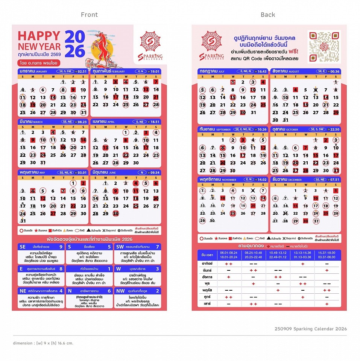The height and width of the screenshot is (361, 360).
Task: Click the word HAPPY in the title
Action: click(39, 36)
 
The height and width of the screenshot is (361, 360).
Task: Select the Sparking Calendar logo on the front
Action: click(150, 46)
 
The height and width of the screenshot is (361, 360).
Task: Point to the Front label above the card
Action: click(89, 15)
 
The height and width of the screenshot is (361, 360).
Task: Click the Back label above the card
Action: click(268, 15)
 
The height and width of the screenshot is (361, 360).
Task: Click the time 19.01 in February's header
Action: click(154, 71)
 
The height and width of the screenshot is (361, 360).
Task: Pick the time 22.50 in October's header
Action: click(333, 129)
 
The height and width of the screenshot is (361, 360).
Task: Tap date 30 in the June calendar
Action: click(115, 213)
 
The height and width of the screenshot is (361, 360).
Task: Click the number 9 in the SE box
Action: click(61, 247)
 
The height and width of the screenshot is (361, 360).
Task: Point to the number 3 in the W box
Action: click(157, 269)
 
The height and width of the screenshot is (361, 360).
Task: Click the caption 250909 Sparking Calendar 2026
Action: click(311, 329)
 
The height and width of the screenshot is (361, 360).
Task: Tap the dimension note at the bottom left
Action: click(43, 343)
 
